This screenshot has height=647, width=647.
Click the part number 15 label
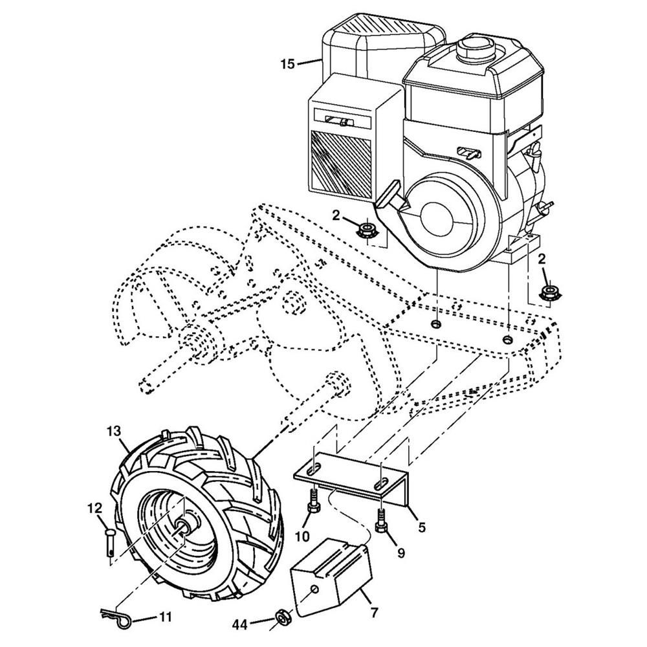tap(288, 63)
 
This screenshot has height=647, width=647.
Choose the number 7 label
tap(375, 610)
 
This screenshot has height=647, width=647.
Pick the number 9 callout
tap(400, 553)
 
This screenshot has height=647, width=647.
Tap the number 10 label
tap(302, 536)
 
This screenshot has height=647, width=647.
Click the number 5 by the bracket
tap(421, 527)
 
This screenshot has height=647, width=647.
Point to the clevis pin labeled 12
tap(111, 542)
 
